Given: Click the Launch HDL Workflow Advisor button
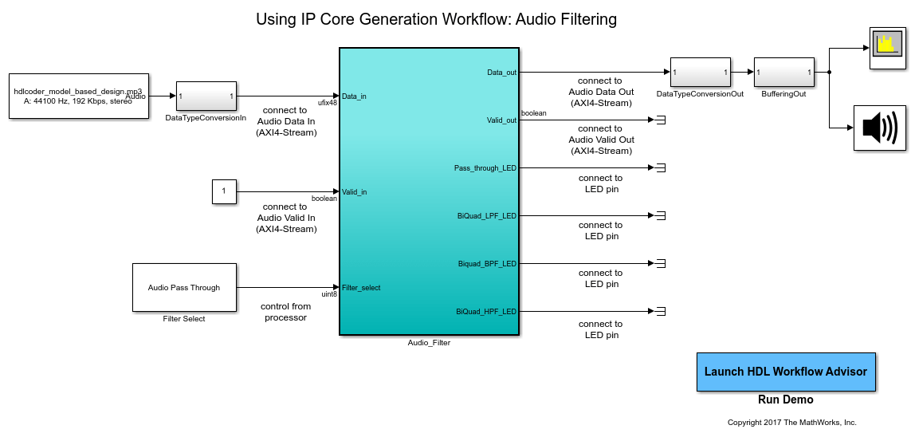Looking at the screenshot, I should point(786,372).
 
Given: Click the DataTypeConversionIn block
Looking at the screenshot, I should point(206,96).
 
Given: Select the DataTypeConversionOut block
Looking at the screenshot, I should point(701,73).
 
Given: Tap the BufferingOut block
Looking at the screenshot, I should point(784,73).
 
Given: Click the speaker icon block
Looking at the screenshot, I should point(880,128).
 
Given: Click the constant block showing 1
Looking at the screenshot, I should point(224,191).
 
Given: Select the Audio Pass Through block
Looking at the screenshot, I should point(184,287).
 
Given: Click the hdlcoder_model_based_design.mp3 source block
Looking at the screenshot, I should point(79,96).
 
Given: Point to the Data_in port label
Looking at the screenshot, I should point(354,96).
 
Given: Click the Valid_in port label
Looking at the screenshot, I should point(355,192).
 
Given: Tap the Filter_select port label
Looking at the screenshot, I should point(361,288).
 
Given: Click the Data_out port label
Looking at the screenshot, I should point(501,73).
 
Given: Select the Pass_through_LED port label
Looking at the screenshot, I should point(485,168).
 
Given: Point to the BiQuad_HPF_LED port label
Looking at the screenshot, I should point(486,311).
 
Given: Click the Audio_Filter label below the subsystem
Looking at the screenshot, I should point(430,343).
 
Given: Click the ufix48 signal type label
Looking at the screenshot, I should point(328,103).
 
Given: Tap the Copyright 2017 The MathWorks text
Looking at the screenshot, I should point(791,423).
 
